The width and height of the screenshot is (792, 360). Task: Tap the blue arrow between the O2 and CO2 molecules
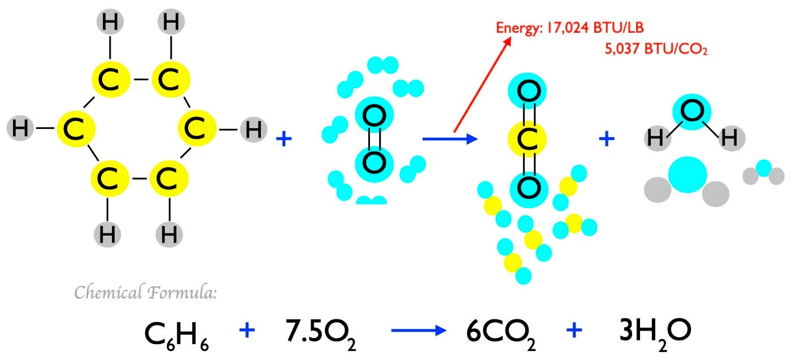pyautogui.click(x=450, y=138)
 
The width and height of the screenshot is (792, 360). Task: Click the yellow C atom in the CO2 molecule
pyautogui.click(x=528, y=139)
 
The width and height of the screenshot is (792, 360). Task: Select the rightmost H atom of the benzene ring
pyautogui.click(x=254, y=129)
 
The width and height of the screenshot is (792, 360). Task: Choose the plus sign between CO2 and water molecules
pyautogui.click(x=606, y=138)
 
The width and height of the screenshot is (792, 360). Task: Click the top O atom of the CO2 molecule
pyautogui.click(x=528, y=90)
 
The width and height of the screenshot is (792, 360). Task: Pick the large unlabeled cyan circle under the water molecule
pyautogui.click(x=687, y=175)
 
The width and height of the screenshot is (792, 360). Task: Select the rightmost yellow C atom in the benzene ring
pyautogui.click(x=197, y=129)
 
